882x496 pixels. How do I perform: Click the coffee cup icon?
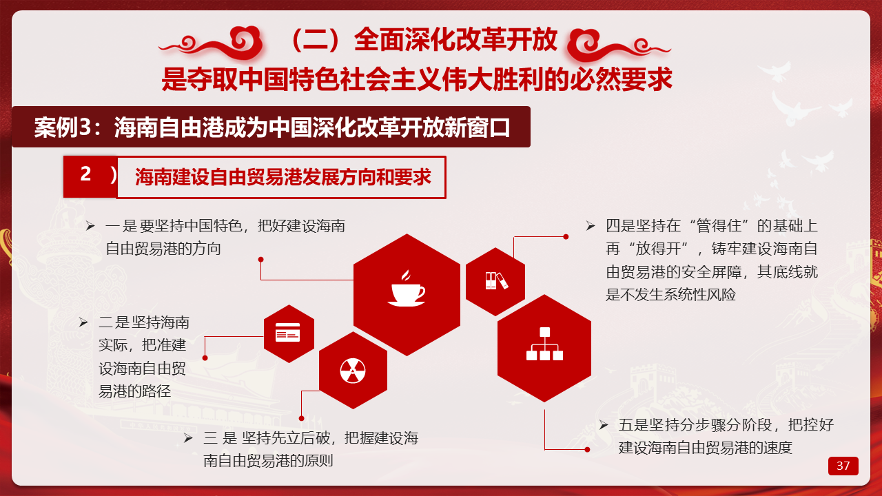[407, 288]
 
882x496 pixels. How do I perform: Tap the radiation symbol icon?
[353, 371]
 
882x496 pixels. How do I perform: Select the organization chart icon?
[544, 344]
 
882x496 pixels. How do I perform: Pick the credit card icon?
[287, 332]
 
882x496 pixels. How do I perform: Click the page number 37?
[843, 466]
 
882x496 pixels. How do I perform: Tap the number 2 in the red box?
[86, 174]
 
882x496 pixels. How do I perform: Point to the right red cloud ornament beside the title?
[619, 45]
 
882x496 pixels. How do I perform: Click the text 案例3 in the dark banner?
[62, 127]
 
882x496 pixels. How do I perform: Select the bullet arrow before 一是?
[90, 226]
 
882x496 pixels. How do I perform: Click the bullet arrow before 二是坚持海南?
[83, 322]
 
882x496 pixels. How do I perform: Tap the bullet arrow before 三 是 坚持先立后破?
[188, 437]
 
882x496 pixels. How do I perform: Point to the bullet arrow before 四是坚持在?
[591, 226]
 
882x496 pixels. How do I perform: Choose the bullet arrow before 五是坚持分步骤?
[604, 425]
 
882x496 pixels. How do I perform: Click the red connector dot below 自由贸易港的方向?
[260, 260]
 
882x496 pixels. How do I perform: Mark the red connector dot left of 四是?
[566, 236]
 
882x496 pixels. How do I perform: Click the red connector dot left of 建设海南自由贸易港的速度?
[587, 449]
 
